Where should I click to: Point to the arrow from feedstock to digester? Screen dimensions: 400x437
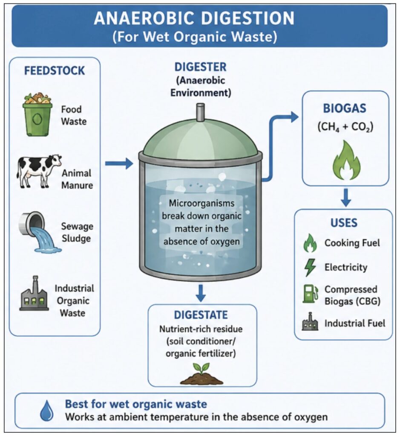(119, 163)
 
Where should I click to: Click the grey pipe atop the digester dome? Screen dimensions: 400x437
(201, 113)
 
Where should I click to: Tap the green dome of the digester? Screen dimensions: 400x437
(201, 140)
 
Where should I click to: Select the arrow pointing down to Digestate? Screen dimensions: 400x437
(201, 293)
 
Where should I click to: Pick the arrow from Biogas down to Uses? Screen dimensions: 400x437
(346, 198)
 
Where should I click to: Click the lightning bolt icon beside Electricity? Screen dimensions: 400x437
(310, 267)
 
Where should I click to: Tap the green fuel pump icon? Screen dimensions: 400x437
(310, 294)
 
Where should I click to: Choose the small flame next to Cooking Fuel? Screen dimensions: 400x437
(310, 243)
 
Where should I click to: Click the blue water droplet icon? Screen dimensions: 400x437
(46, 411)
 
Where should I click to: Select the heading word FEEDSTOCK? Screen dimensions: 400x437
(55, 71)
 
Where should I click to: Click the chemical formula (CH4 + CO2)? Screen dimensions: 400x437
(345, 127)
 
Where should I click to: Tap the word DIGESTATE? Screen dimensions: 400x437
(201, 315)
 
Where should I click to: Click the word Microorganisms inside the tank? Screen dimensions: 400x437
(201, 204)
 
